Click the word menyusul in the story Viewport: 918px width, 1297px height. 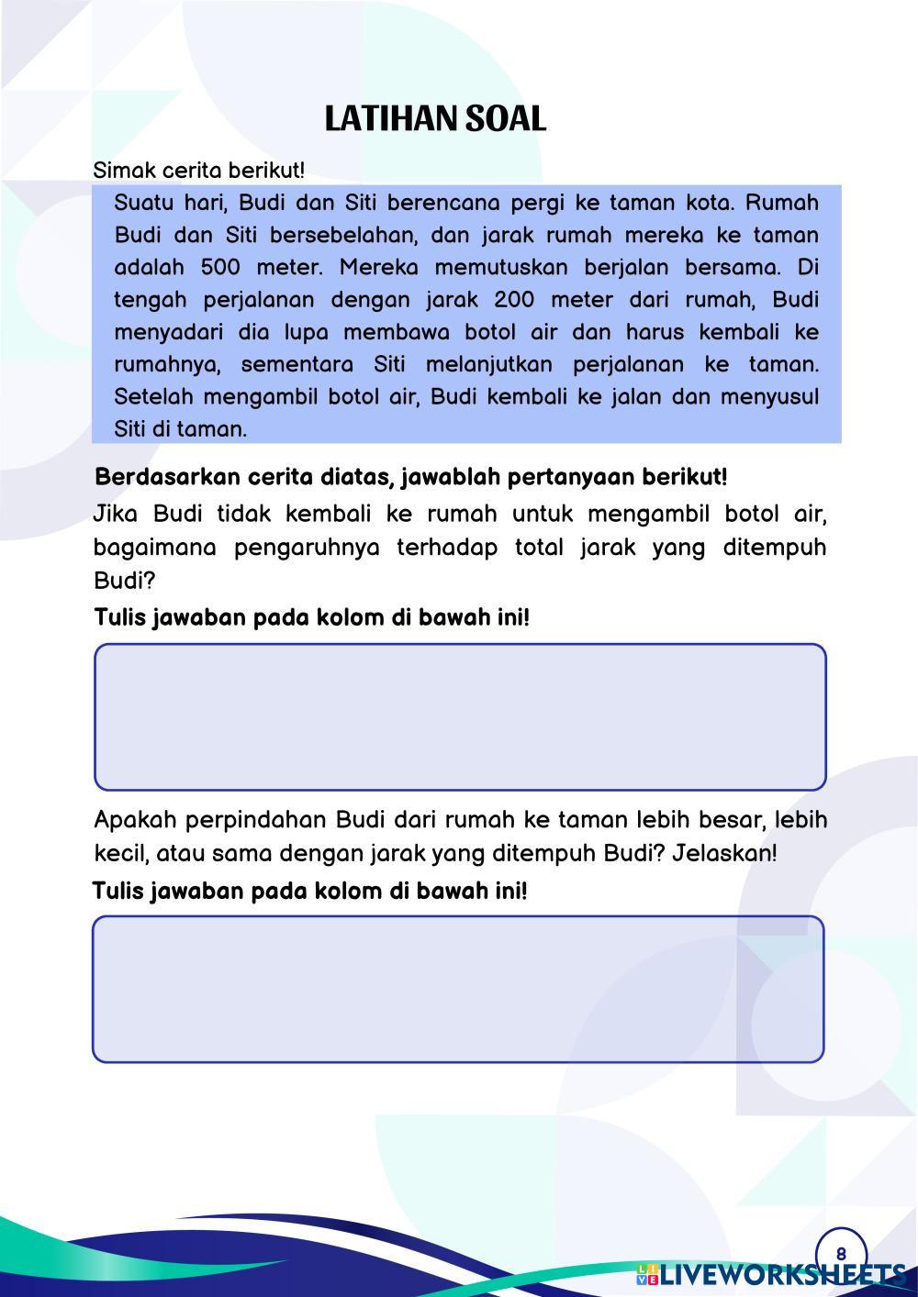[768, 397]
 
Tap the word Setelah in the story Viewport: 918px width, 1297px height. [152, 397]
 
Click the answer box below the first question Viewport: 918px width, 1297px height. [460, 716]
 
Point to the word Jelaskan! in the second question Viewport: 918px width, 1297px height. [724, 854]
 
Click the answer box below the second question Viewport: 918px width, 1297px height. [458, 989]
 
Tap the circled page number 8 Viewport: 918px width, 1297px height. [841, 1254]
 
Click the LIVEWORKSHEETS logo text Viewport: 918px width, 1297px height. [780, 1275]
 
